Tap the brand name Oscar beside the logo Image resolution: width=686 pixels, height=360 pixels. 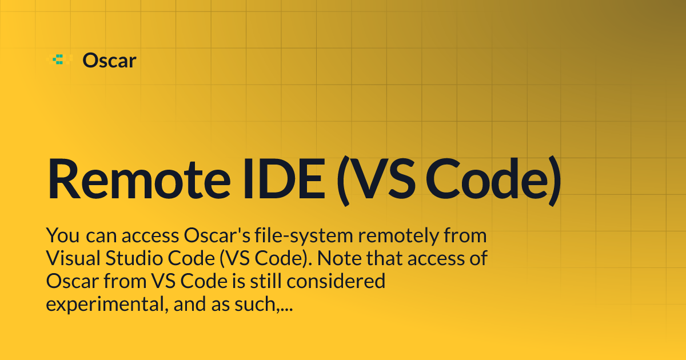[x=109, y=60]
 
